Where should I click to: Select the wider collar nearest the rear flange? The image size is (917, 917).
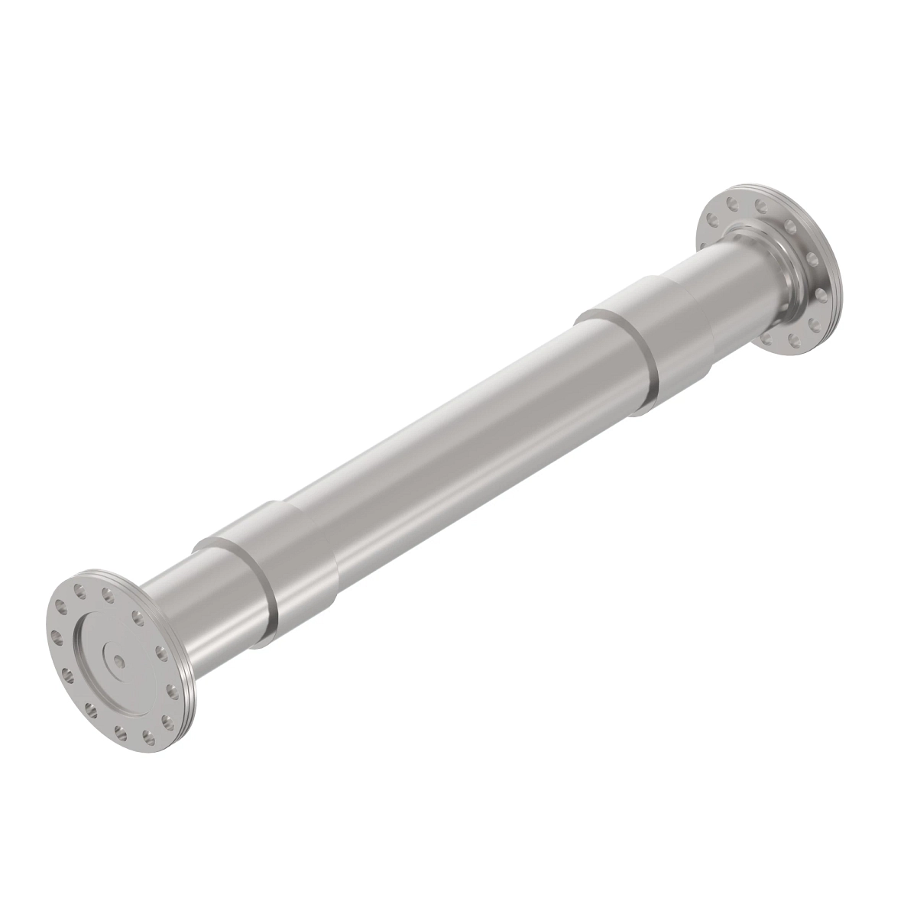click(x=657, y=336)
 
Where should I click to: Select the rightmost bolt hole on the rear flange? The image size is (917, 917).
click(x=821, y=293)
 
